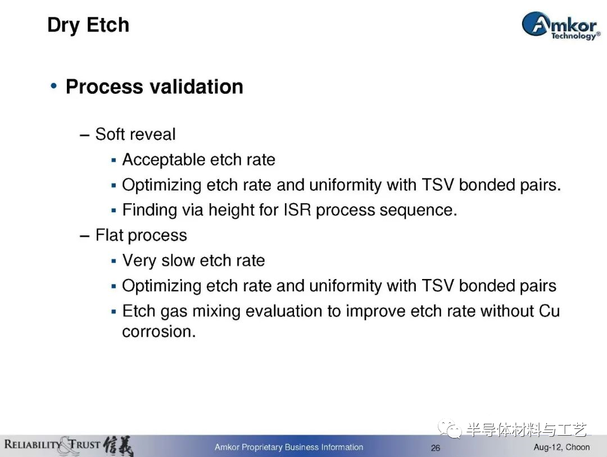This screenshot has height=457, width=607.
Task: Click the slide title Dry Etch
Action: pyautogui.click(x=88, y=25)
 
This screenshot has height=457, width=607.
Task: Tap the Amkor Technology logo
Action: pyautogui.click(x=561, y=25)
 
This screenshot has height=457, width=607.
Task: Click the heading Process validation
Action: pyautogui.click(x=155, y=86)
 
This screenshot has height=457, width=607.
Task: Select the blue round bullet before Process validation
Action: pyautogui.click(x=54, y=85)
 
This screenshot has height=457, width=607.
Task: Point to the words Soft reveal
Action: pyautogui.click(x=135, y=134)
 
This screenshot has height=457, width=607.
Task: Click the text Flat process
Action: pyautogui.click(x=141, y=235)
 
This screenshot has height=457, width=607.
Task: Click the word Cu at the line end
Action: pyautogui.click(x=549, y=311)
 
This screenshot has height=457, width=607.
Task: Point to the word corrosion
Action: pyautogui.click(x=159, y=332)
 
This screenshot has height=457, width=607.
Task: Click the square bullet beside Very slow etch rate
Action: pyautogui.click(x=114, y=261)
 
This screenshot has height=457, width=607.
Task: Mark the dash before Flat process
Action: pyautogui.click(x=85, y=236)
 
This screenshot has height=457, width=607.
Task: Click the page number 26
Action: pyautogui.click(x=436, y=447)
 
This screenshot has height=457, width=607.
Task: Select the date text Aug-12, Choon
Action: pyautogui.click(x=561, y=447)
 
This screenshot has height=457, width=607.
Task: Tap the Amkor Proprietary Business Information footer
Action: pyautogui.click(x=289, y=447)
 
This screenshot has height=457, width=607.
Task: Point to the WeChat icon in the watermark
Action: pyautogui.click(x=450, y=428)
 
